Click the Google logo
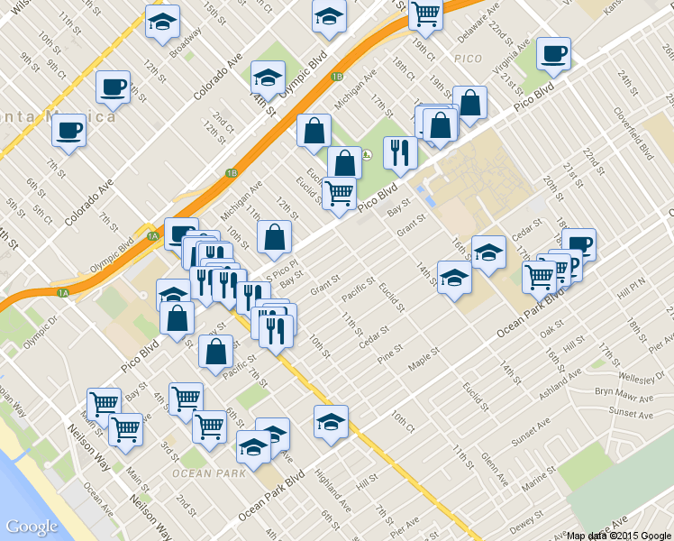[x=32, y=527]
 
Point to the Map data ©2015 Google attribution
[x=619, y=536]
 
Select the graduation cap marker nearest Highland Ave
[x=331, y=421]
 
